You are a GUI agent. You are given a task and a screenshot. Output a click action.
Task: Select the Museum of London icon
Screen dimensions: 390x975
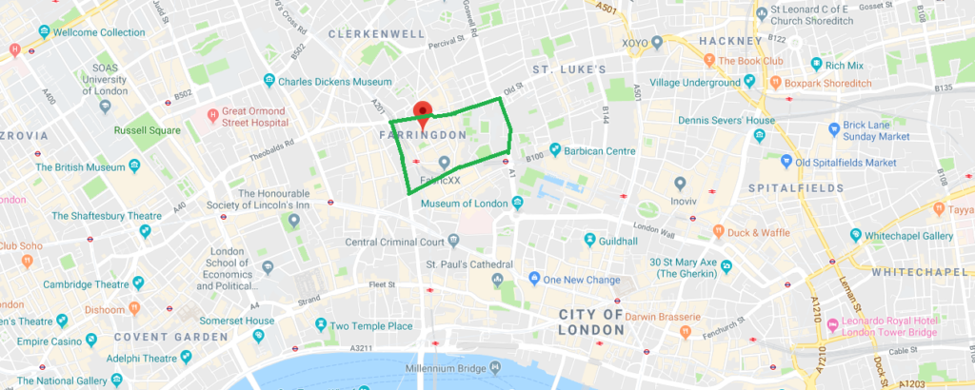[x=516, y=202]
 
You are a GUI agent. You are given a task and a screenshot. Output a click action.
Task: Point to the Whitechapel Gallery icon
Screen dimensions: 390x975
[x=855, y=235]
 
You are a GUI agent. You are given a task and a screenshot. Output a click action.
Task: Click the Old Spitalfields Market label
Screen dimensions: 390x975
[x=846, y=163]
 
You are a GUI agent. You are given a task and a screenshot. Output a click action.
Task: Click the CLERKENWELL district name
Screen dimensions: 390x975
[x=375, y=34]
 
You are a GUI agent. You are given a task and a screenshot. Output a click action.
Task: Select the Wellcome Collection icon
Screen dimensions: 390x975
[x=44, y=32]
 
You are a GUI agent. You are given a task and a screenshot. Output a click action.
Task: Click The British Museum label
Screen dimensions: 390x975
[x=91, y=167]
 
